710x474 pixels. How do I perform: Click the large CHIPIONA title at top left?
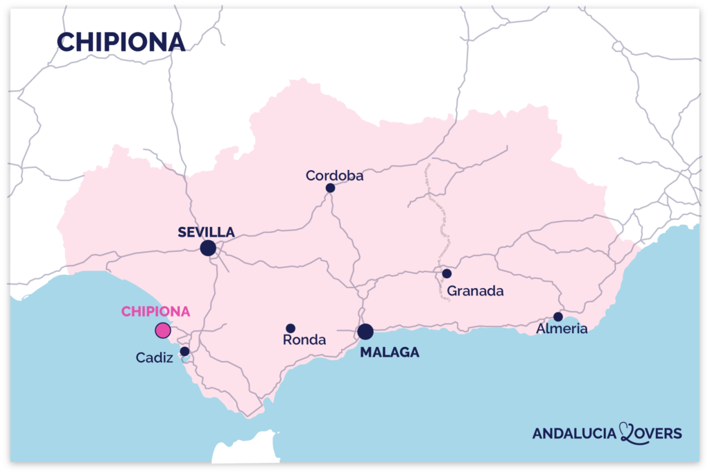121,42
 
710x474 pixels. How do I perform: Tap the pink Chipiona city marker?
163,330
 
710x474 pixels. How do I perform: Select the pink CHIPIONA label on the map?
155,312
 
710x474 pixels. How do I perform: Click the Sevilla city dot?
207,248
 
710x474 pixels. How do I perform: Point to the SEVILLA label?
206,232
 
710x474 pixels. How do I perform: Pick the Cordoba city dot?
330,188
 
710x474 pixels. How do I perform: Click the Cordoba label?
335,176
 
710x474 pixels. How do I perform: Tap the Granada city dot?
447,273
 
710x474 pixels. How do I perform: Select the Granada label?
475,291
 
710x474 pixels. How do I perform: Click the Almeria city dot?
558,316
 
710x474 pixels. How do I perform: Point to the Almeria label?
562,329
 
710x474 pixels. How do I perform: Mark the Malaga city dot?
365,332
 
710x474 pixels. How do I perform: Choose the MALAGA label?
390,353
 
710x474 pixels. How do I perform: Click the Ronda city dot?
291,328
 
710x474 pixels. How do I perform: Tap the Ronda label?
304,340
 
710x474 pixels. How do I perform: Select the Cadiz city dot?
184,351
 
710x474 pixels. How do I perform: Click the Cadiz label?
154,358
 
